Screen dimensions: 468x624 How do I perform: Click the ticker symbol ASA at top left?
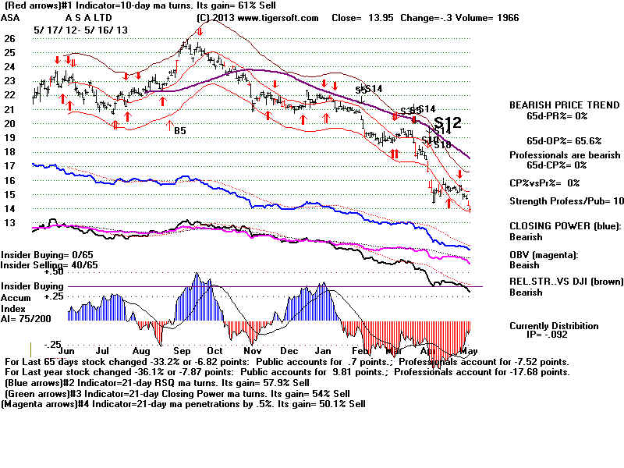point(11,18)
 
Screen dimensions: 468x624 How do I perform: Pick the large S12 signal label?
point(448,122)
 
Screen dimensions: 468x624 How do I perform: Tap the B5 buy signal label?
point(179,130)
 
